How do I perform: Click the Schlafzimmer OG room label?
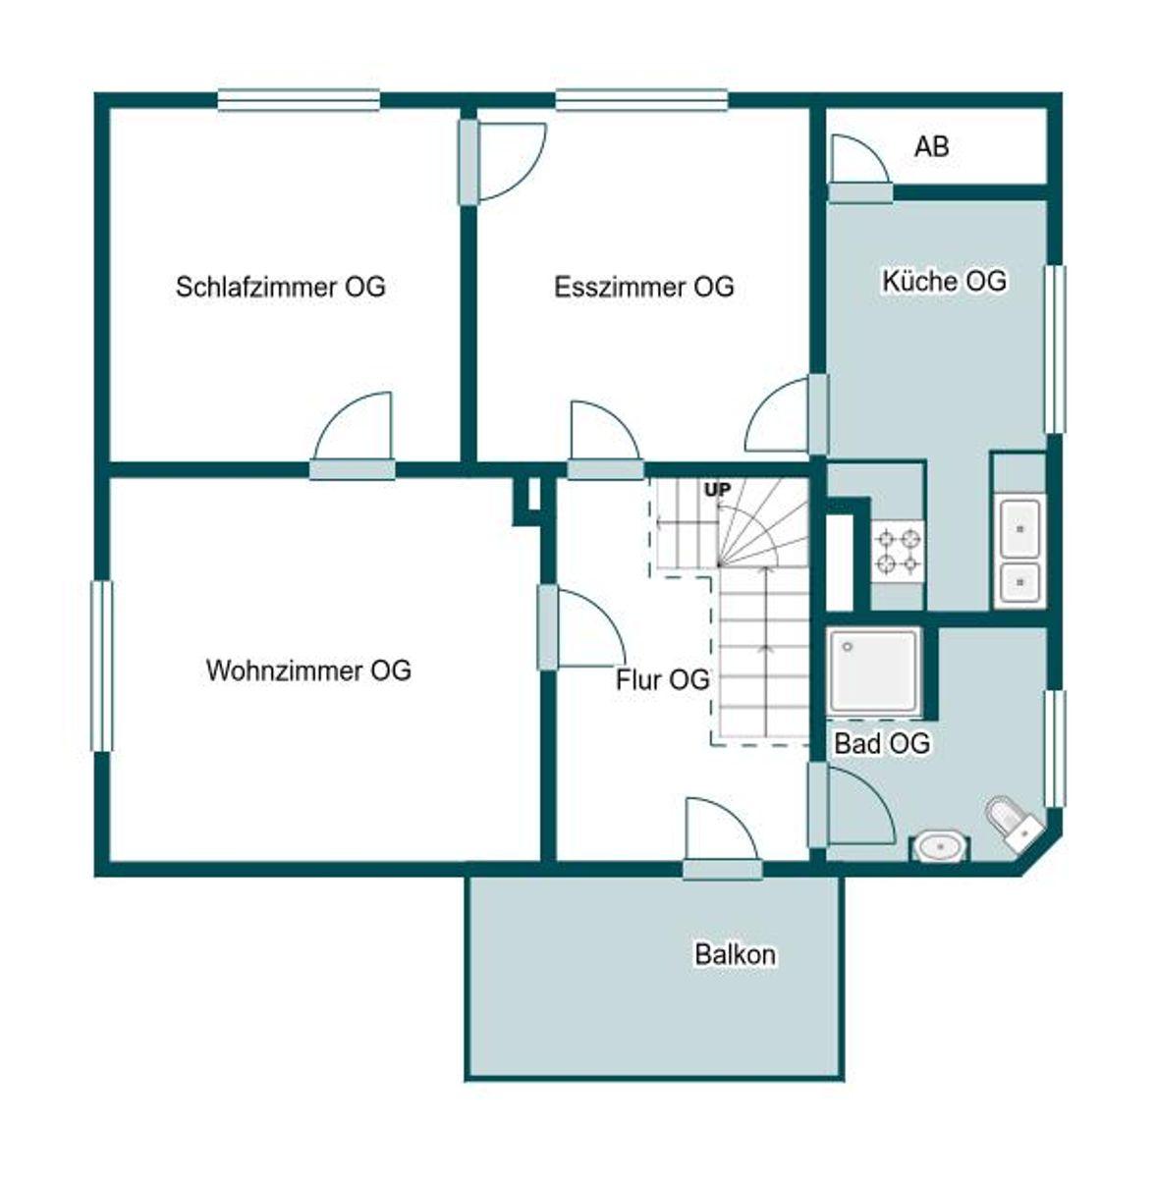(x=281, y=287)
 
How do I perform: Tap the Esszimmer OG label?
(x=643, y=287)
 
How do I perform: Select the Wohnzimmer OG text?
(x=308, y=670)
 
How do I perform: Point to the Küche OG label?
(x=944, y=281)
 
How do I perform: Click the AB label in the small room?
(x=931, y=146)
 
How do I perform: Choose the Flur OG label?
(x=662, y=679)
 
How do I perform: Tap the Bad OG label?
(x=882, y=744)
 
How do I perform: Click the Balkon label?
(x=736, y=954)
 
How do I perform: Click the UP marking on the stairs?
(x=717, y=490)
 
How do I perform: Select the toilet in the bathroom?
(x=1014, y=823)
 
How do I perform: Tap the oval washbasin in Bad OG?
(x=941, y=847)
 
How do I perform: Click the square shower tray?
(x=874, y=670)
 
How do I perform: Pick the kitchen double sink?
(x=1019, y=553)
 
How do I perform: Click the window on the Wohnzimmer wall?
(x=101, y=666)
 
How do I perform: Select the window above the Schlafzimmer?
(x=299, y=100)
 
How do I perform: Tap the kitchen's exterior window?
(x=1055, y=349)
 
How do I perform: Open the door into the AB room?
(x=858, y=168)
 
